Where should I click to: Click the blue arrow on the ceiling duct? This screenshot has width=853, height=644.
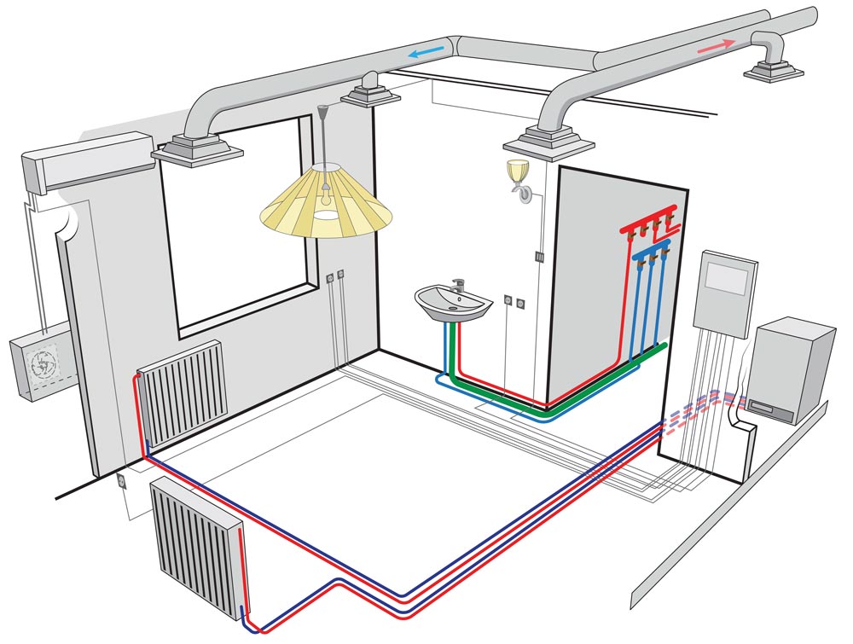[426, 52]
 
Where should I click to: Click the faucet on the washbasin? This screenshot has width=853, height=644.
[457, 284]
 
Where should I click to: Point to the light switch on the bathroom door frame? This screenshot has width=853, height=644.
[538, 255]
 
